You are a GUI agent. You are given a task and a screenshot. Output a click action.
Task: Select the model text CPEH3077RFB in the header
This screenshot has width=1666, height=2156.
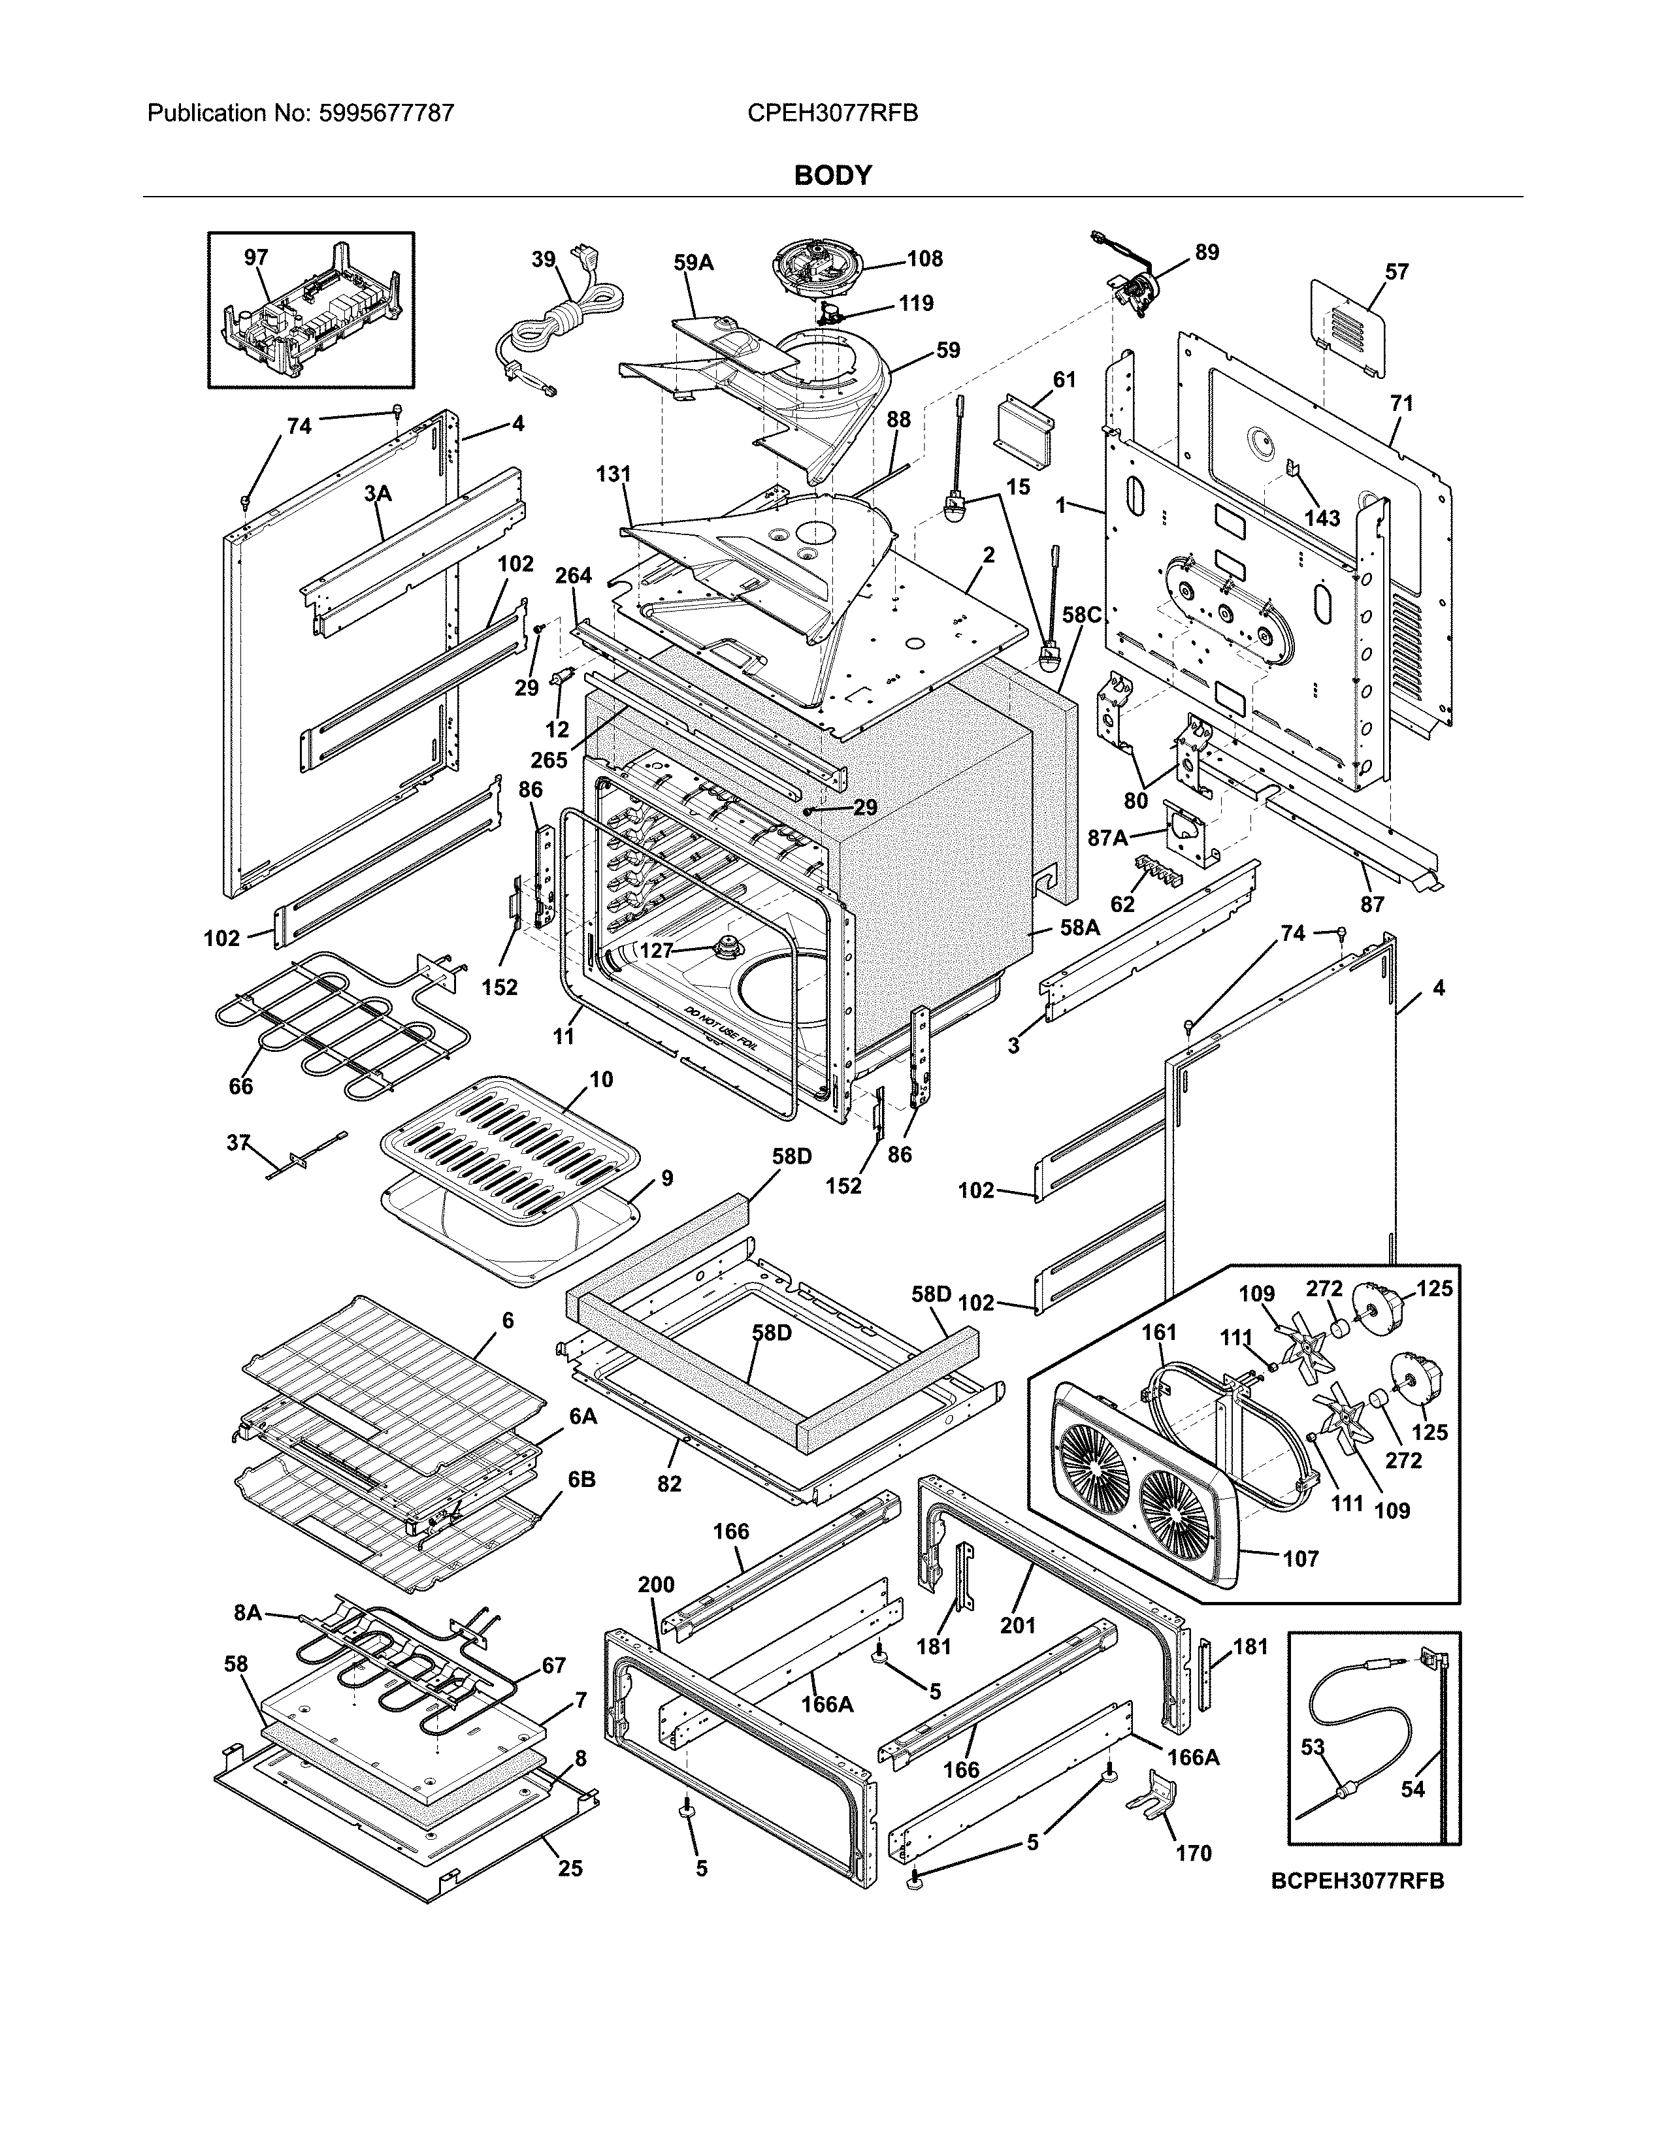tap(832, 114)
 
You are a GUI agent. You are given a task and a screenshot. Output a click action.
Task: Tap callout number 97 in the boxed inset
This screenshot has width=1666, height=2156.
tap(255, 257)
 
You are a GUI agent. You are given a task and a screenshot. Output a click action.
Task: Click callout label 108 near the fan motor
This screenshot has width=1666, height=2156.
tap(924, 259)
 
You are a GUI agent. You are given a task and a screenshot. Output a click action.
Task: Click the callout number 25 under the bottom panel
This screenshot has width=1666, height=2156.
tap(570, 1868)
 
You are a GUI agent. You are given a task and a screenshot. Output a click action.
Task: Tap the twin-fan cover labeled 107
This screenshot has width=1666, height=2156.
tap(1145, 1480)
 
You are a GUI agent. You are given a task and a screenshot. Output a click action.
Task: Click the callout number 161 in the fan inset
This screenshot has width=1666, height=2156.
tap(1159, 1333)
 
